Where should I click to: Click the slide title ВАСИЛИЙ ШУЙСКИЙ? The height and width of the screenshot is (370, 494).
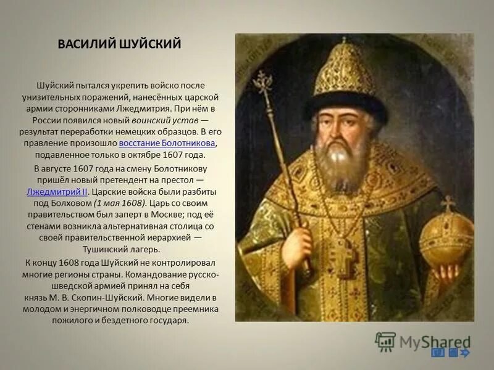point(119,44)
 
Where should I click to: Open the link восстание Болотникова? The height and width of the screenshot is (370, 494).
point(167,143)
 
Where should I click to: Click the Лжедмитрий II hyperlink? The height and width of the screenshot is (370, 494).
point(57,191)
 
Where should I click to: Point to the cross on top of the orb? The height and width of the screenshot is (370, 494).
point(448,204)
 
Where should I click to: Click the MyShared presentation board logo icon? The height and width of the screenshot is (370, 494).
point(385,341)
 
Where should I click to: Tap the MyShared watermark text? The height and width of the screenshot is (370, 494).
point(435,341)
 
